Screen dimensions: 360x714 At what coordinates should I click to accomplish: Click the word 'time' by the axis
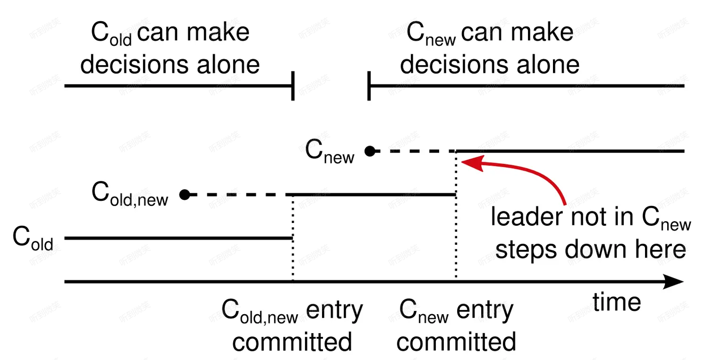617,302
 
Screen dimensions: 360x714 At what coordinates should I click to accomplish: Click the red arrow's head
469,163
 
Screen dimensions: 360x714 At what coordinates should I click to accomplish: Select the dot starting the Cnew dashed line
370,151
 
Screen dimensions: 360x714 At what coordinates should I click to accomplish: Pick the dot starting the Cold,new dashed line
185,194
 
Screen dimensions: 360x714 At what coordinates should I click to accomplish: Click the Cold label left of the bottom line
33,239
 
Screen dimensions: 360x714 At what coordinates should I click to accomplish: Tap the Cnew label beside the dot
330,152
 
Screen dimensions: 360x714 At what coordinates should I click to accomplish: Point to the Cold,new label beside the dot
129,195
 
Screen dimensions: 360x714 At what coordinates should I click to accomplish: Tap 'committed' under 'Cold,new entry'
292,342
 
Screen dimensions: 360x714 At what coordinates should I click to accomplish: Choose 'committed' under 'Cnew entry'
456,342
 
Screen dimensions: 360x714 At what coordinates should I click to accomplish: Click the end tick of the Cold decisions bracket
294,86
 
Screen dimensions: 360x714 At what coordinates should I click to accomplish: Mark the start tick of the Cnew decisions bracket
369,86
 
